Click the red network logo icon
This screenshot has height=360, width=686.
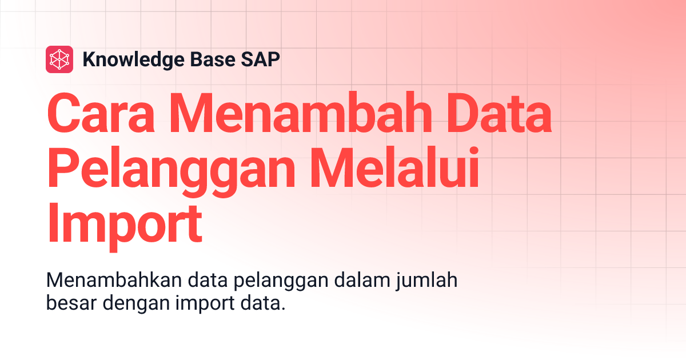(x=59, y=59)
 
